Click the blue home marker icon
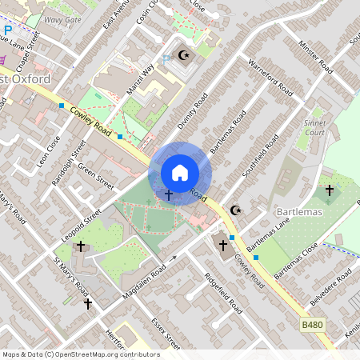coord(180,173)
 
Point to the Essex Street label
coord(166,333)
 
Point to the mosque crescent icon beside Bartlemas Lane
coord(235,210)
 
